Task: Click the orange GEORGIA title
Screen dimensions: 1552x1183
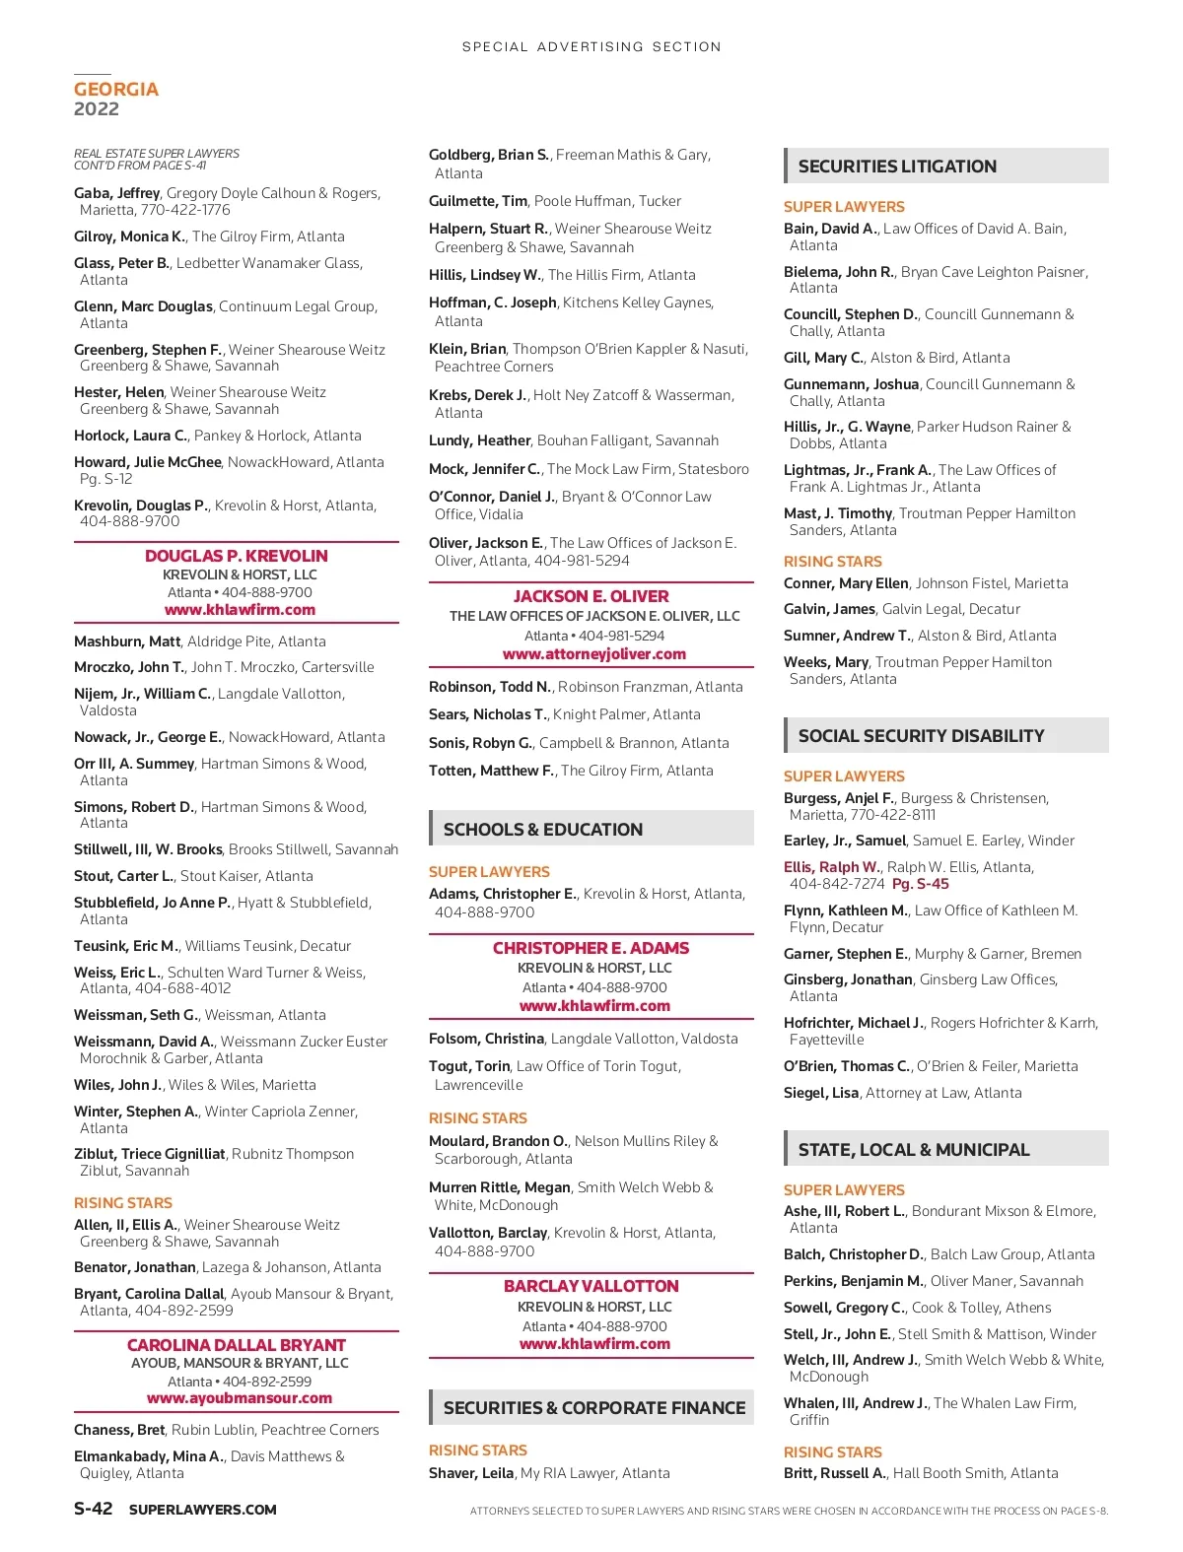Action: coord(116,90)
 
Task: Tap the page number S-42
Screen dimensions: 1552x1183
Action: coord(94,1509)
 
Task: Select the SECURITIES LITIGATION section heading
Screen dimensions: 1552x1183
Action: coord(897,167)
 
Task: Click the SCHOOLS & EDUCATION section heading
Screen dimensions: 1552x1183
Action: coord(543,830)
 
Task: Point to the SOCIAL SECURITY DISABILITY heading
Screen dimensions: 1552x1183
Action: coord(921,736)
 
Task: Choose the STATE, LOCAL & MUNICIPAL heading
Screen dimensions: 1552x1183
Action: coord(913,1150)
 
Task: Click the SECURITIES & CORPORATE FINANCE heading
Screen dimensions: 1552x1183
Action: coord(594,1408)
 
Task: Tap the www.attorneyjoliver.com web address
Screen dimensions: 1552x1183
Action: coord(594,654)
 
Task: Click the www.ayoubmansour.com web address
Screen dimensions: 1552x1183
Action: coord(240,1398)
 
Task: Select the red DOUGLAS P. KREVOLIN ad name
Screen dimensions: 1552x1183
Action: coord(237,556)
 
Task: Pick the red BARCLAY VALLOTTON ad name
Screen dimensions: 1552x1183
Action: coord(591,1286)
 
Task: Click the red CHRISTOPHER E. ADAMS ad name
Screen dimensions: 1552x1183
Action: coord(591,948)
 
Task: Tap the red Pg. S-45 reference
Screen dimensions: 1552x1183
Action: coord(921,884)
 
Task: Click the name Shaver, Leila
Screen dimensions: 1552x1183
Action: coord(471,1473)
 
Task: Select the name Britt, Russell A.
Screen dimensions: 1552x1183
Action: coord(835,1473)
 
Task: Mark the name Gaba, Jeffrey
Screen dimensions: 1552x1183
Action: coord(116,193)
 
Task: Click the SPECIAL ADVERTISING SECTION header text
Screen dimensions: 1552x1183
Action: coord(591,46)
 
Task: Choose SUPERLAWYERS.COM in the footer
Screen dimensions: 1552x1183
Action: coord(203,1510)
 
